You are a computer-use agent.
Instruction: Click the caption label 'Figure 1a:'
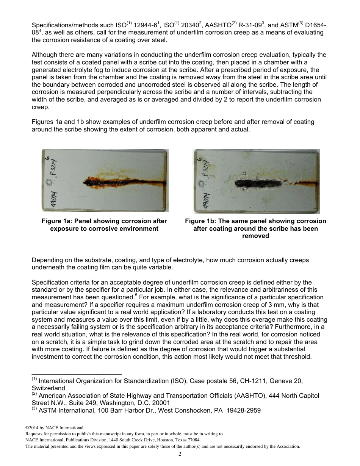coord(57,221)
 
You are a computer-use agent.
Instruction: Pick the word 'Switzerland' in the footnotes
coord(48,388)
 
